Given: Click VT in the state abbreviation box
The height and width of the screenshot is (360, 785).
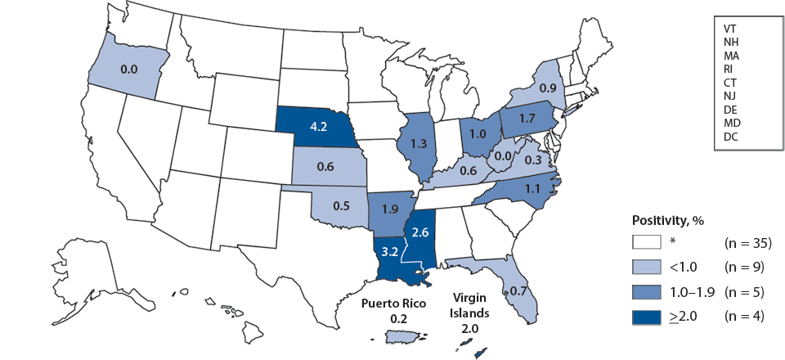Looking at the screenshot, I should (730, 28).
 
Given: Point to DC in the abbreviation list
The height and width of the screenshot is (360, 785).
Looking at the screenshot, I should (730, 137).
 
